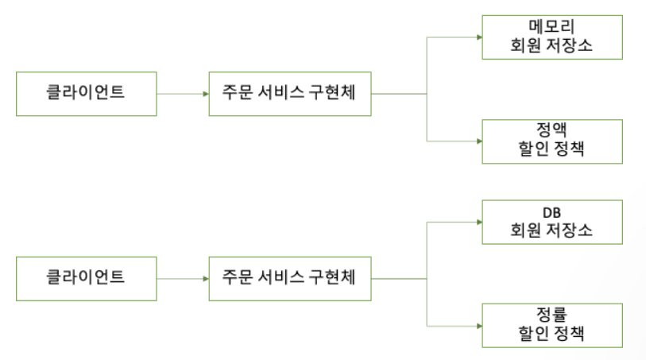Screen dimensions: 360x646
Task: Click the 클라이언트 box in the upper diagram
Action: [86, 93]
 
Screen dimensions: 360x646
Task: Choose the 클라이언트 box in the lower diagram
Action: [86, 278]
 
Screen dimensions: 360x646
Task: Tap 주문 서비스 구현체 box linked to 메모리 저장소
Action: [290, 93]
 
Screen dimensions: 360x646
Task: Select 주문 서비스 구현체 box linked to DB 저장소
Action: [290, 278]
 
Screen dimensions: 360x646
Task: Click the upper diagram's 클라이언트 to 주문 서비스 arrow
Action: [182, 94]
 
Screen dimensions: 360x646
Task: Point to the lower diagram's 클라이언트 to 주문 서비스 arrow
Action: [182, 278]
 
